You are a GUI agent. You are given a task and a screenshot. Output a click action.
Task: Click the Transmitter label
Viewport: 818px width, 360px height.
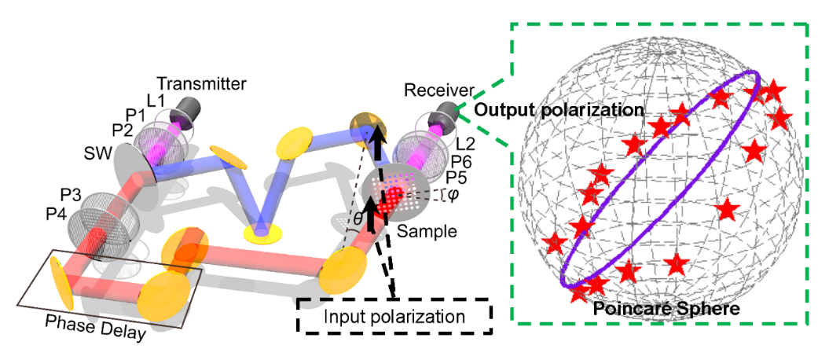point(201,83)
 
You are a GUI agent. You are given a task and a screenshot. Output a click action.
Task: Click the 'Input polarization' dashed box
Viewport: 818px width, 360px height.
point(393,317)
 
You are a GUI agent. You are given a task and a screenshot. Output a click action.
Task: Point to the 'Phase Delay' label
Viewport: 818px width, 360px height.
point(96,326)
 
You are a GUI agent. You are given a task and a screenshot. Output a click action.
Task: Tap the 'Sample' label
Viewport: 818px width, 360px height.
point(420,232)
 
